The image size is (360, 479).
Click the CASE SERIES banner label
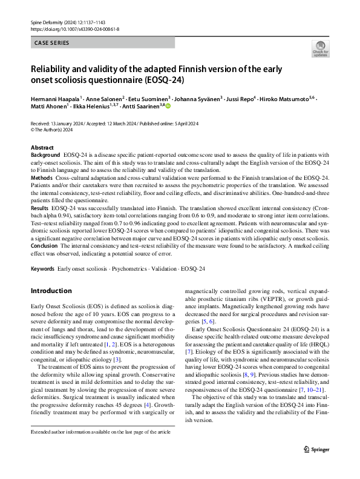pos(52,43)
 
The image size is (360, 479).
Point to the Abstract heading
pos(42,148)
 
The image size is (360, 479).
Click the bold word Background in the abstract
pos(45,156)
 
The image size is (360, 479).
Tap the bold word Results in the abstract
pos(41,208)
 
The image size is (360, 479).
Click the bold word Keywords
pos(42,268)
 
